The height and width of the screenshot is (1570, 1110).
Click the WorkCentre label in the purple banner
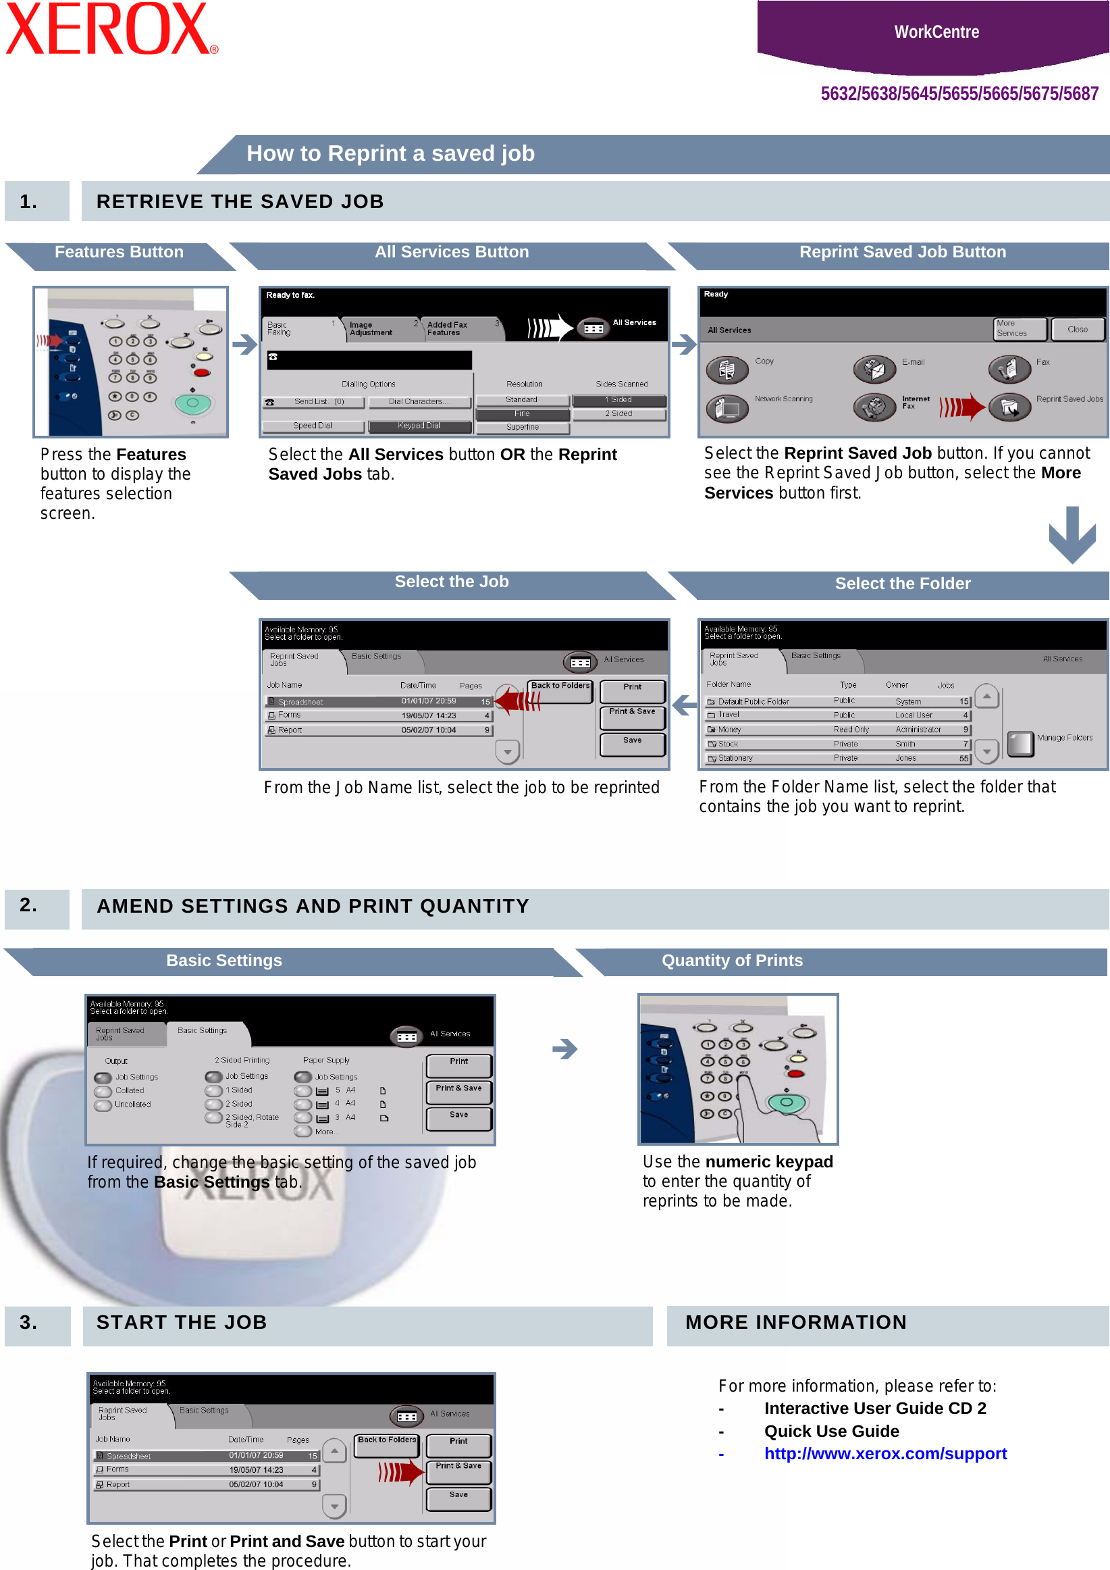point(936,32)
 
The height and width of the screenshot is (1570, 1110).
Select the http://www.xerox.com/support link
point(885,1453)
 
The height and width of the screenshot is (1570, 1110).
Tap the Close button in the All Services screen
point(1077,330)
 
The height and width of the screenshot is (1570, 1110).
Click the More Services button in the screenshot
point(1018,329)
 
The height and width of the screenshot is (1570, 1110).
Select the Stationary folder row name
point(735,759)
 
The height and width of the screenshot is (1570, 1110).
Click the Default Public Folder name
point(754,702)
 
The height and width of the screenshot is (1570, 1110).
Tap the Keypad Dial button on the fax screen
point(419,426)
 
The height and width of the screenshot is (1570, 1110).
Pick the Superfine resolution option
point(522,428)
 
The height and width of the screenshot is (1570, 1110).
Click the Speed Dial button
point(313,426)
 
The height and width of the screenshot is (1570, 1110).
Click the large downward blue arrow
point(1072,534)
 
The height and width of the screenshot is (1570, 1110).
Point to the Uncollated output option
point(132,1105)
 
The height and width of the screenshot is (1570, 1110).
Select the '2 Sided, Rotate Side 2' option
point(251,1119)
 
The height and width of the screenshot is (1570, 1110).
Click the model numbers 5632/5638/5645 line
point(959,94)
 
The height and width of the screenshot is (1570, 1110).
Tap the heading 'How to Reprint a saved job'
point(390,153)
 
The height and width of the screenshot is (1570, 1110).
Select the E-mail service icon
point(874,370)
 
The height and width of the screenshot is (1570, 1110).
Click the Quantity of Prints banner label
point(732,960)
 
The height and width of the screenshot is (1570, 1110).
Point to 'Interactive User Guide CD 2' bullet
point(875,1408)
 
